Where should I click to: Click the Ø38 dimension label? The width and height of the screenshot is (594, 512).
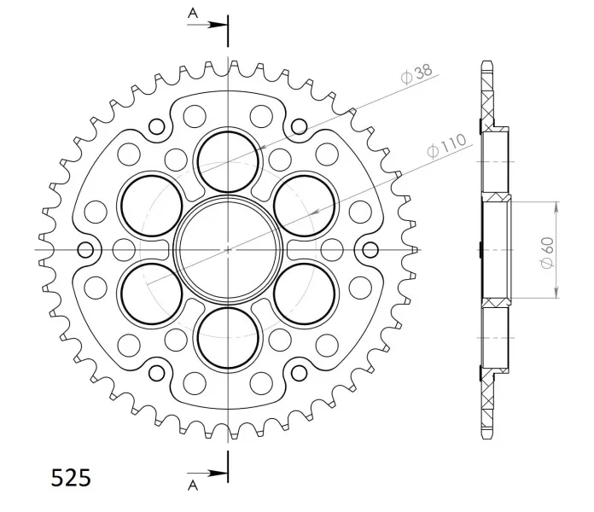point(416,74)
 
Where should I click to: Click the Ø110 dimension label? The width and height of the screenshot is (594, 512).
point(446,145)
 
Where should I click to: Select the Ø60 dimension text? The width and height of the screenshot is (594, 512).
point(547,253)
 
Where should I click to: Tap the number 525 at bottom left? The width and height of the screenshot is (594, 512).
point(71,478)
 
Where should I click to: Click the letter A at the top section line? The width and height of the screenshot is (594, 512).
point(193,14)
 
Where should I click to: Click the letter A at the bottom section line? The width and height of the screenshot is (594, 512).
point(193,485)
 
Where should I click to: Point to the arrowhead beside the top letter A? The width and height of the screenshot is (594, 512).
point(219,25)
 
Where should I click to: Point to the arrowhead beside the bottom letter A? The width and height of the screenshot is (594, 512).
point(219,473)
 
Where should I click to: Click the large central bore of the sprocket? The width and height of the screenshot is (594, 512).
point(228,250)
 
